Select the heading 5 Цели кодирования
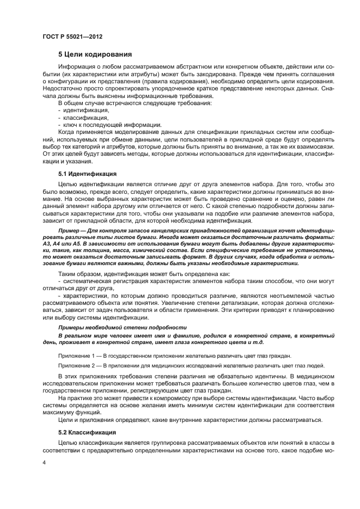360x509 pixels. tap(94, 54)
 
